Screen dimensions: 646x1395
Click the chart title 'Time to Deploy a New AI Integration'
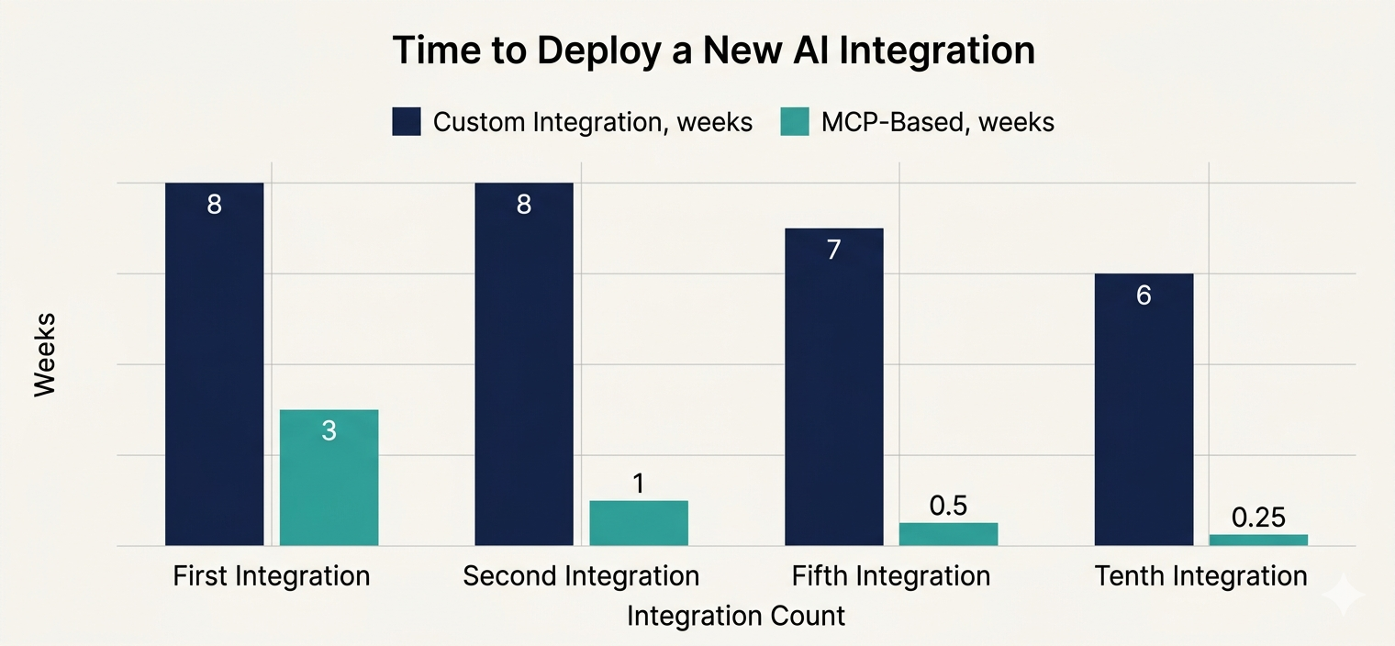pos(713,50)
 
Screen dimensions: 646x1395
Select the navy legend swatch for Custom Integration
pos(406,121)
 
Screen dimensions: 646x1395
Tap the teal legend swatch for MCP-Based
pos(794,121)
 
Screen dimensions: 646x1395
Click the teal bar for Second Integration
pos(639,523)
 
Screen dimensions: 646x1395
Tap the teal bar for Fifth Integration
pos(948,534)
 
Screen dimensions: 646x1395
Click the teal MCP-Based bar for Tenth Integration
pos(1258,540)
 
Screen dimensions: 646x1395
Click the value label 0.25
pos(1258,518)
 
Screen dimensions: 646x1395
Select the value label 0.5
pos(948,506)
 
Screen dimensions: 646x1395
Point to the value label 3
pos(329,430)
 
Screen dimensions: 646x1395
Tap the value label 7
pos(833,250)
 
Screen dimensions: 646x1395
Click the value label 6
pos(1144,295)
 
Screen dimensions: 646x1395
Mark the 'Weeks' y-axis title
pos(45,354)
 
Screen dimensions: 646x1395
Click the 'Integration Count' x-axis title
pos(735,615)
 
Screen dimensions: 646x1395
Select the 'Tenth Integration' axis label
pos(1200,576)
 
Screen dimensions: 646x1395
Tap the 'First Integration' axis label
pos(272,576)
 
